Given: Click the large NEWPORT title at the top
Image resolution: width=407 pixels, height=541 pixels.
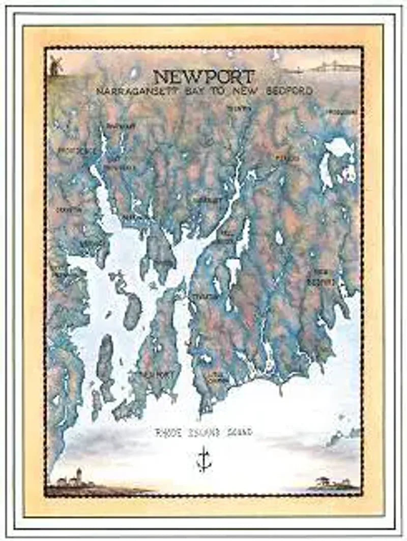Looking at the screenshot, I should pos(203,77).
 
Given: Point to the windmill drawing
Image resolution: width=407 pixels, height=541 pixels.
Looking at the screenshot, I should pos(55,66).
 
